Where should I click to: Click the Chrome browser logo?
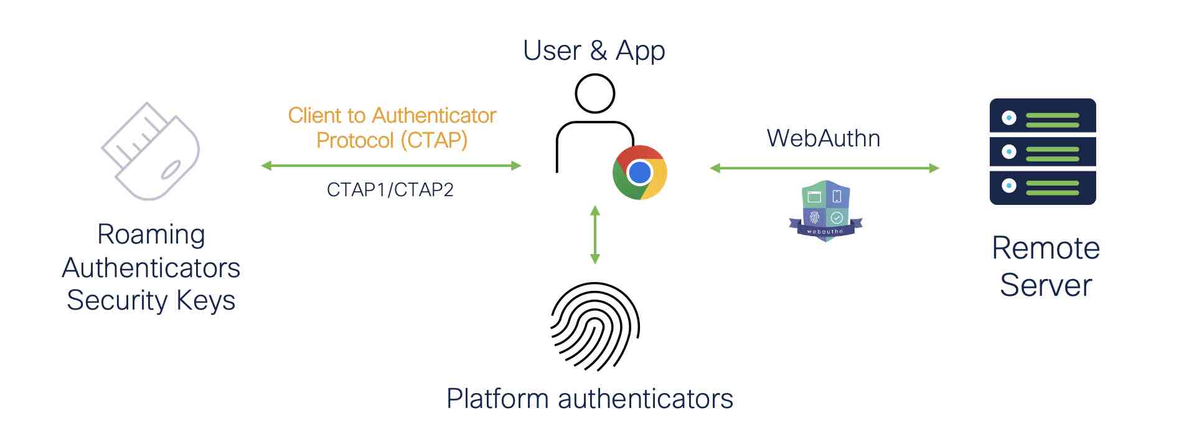click(x=639, y=173)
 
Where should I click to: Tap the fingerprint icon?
click(x=595, y=326)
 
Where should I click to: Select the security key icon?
click(x=151, y=151)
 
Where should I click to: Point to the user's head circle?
click(x=594, y=93)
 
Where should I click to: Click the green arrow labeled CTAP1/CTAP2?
click(x=391, y=166)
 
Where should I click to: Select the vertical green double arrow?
click(x=595, y=234)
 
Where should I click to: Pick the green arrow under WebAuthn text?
click(x=824, y=168)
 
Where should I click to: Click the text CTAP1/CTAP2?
click(x=390, y=189)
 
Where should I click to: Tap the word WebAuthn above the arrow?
click(x=823, y=138)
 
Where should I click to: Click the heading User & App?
click(x=594, y=50)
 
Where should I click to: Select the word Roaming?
click(x=151, y=235)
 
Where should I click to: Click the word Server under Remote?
click(x=1046, y=285)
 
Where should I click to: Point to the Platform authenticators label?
click(x=589, y=399)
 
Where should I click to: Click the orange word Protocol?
click(x=355, y=140)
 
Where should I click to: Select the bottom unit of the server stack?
click(x=1043, y=187)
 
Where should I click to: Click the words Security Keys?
click(x=151, y=300)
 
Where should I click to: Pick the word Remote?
click(x=1046, y=249)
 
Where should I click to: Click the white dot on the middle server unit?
click(x=1009, y=151)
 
